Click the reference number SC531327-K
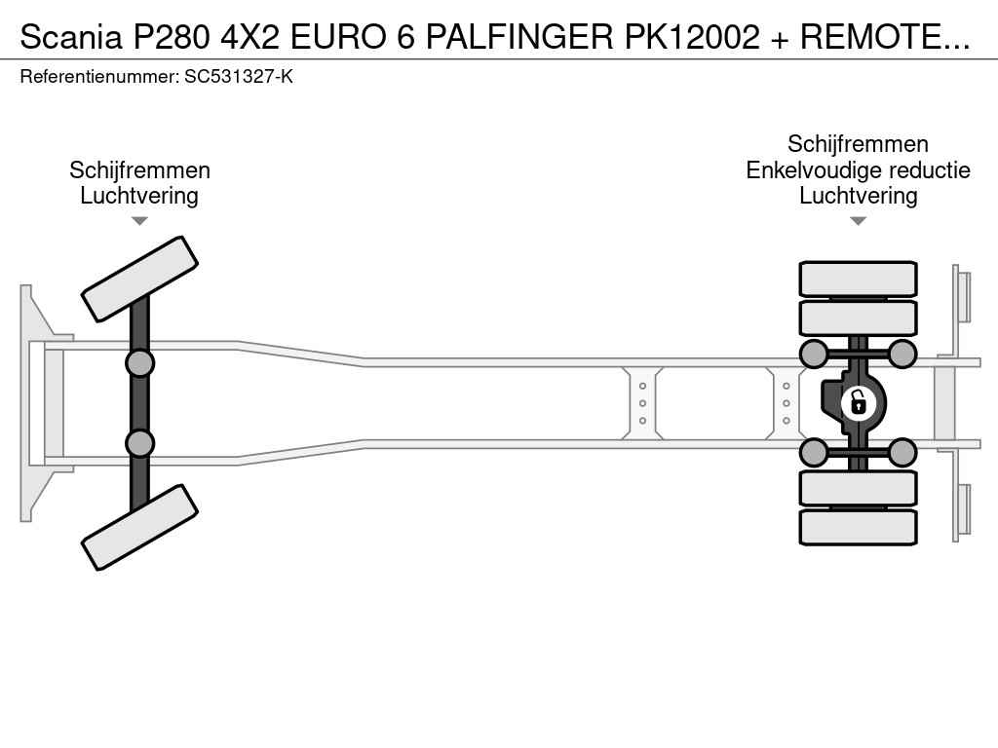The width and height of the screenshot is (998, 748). click(x=239, y=77)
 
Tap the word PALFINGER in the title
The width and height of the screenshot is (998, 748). click(x=519, y=37)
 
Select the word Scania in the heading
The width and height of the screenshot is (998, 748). click(x=71, y=37)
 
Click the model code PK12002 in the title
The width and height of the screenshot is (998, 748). click(x=693, y=37)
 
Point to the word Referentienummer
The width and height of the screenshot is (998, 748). click(x=99, y=77)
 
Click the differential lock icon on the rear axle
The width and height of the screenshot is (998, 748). click(x=858, y=403)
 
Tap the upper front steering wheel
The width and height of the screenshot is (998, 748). click(x=139, y=280)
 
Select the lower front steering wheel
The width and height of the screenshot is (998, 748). click(x=139, y=527)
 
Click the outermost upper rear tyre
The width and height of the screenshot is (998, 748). click(x=858, y=279)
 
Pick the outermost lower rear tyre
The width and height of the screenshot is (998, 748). click(x=858, y=527)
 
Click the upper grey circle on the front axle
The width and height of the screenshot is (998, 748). click(x=139, y=363)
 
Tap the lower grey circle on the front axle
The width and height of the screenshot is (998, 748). click(x=139, y=443)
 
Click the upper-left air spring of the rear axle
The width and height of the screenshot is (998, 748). click(x=814, y=354)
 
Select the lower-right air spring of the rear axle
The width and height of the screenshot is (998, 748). click(x=902, y=452)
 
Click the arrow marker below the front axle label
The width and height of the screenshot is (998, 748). click(x=139, y=221)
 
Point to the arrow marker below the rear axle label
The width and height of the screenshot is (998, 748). click(x=858, y=221)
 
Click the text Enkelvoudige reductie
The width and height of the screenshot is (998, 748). click(x=858, y=170)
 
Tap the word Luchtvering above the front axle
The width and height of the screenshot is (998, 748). click(x=139, y=196)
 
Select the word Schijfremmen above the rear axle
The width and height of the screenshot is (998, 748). click(x=858, y=144)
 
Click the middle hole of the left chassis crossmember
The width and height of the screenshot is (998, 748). click(x=643, y=403)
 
